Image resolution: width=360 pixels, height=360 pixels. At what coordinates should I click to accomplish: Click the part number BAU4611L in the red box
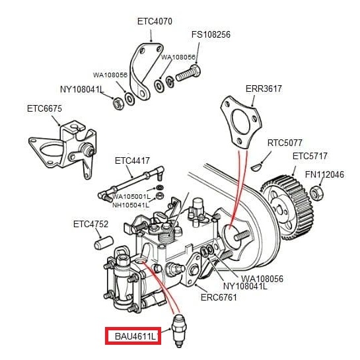[x=135, y=337]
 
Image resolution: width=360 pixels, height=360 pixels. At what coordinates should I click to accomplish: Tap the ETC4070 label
[x=155, y=22]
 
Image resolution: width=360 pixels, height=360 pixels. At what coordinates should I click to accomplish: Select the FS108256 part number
[x=211, y=34]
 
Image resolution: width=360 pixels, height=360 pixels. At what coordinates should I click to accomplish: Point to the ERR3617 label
[x=264, y=89]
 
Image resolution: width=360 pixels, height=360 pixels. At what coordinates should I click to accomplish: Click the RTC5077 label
[x=285, y=143]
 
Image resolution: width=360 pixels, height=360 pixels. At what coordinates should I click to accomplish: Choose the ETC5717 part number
[x=310, y=156]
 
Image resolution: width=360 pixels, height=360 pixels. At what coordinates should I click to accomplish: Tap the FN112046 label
[x=324, y=174]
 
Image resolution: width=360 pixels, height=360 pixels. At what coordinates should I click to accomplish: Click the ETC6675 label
[x=44, y=108]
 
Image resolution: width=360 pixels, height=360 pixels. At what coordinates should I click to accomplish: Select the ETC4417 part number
[x=132, y=161]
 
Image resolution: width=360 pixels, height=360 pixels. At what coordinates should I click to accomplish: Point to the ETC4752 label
[x=90, y=224]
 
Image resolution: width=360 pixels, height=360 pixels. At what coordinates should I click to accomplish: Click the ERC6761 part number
[x=219, y=297]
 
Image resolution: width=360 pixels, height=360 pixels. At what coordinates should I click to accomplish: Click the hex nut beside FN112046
[x=316, y=193]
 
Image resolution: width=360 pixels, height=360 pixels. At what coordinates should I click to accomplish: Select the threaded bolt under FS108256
[x=188, y=73]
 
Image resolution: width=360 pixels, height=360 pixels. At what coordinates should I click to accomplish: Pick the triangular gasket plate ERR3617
[x=241, y=122]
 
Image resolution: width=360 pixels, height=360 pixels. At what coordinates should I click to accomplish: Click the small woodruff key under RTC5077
[x=256, y=167]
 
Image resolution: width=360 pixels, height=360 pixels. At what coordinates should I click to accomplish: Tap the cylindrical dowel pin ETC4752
[x=104, y=243]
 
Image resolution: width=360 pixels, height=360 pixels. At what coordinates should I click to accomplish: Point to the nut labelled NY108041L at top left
[x=118, y=104]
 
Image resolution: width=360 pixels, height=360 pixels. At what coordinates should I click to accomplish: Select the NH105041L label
[x=131, y=205]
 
